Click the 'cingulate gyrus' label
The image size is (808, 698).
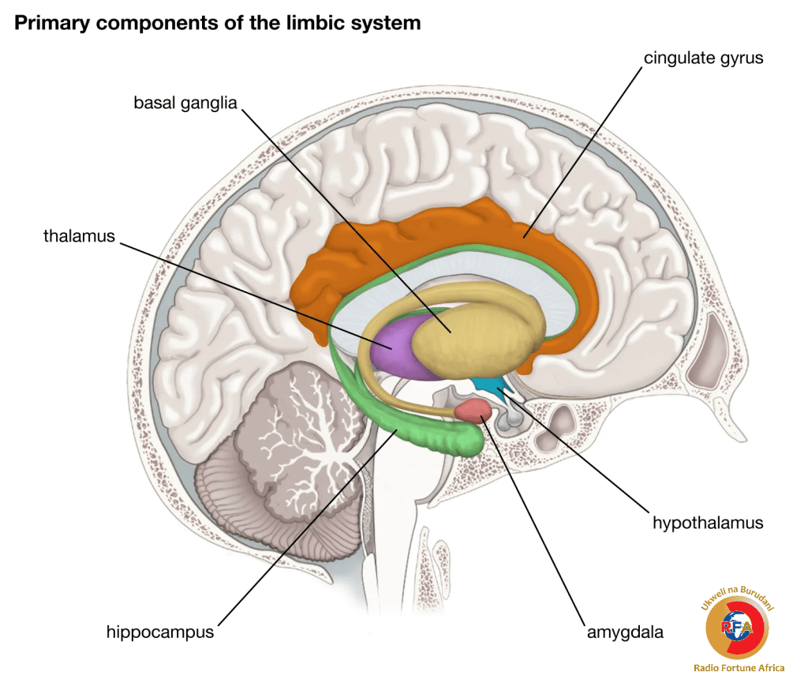coord(703,58)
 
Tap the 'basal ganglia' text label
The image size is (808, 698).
coord(185,103)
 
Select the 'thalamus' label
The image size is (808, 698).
coord(79,236)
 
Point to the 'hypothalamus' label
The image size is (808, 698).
coord(708,523)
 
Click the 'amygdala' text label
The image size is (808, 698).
coord(624,632)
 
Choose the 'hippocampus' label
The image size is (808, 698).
coord(160,632)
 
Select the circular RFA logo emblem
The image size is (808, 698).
coord(738,628)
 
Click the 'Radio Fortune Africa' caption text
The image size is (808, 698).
coord(739,668)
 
